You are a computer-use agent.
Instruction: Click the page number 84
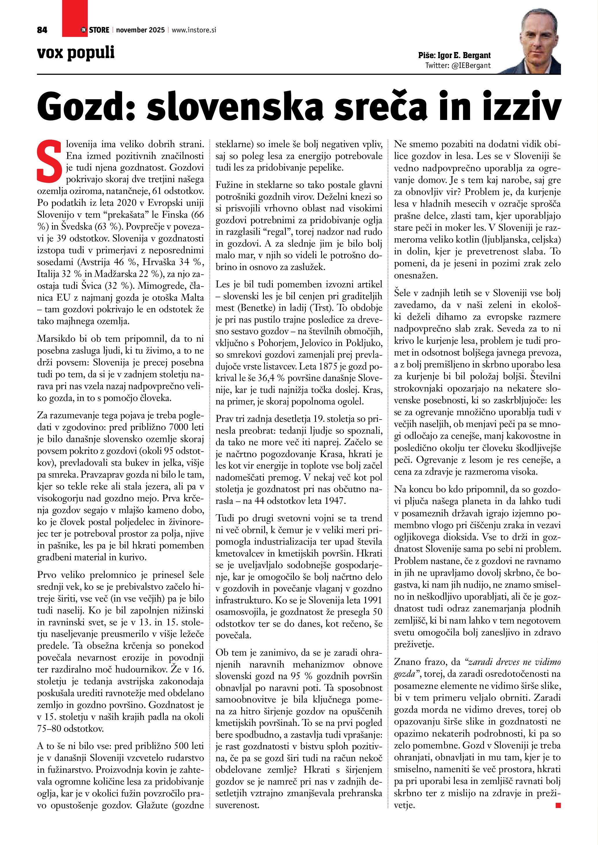coord(42,30)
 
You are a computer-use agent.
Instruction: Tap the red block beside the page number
coord(75,19)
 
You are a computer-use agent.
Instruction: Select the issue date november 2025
coord(140,30)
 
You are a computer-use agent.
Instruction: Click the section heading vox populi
coord(76,53)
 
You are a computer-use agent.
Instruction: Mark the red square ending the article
coord(558,805)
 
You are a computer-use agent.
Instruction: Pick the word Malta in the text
coord(193,297)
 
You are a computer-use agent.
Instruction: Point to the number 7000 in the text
coord(181,427)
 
